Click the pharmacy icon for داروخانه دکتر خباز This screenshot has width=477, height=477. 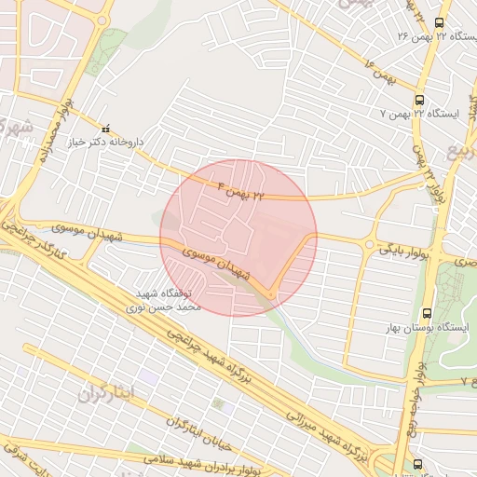[x=105, y=129]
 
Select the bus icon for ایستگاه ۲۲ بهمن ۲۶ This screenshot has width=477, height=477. [x=440, y=22]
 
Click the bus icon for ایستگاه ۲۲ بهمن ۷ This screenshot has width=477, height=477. [x=419, y=99]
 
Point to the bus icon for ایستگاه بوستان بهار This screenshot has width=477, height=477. [x=427, y=313]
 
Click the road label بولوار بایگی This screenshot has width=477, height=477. [x=403, y=249]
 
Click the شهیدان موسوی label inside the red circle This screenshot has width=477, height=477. [x=216, y=261]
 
